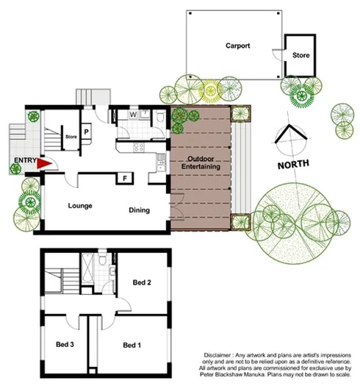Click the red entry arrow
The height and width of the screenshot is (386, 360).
[43, 165]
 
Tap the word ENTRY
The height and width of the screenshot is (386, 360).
[23, 160]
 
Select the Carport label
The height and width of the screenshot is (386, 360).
[237, 46]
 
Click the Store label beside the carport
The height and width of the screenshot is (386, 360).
[301, 54]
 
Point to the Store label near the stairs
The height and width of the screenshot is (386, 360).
[71, 136]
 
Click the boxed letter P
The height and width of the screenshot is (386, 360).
[87, 132]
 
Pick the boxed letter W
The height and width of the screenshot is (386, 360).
[133, 115]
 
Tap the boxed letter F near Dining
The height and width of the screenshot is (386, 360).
[125, 178]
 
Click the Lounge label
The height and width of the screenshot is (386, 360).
[79, 205]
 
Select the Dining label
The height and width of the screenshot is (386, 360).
[140, 210]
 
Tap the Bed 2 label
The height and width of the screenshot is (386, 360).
[142, 282]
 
